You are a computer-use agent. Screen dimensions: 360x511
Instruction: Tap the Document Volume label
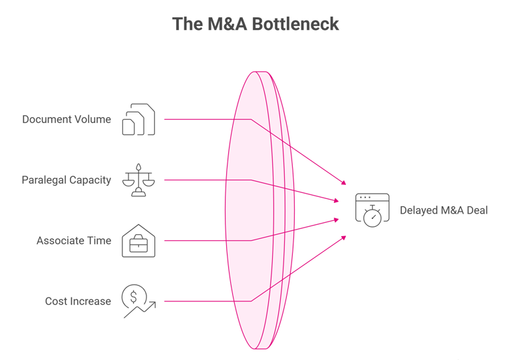pyautogui.click(x=67, y=120)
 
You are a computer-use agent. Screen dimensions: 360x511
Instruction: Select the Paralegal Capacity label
pyautogui.click(x=67, y=180)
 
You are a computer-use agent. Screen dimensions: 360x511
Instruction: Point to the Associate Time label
pyautogui.click(x=74, y=241)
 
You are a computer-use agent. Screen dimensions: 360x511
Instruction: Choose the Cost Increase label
pyautogui.click(x=78, y=301)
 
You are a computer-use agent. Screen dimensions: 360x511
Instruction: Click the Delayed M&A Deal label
pyautogui.click(x=444, y=210)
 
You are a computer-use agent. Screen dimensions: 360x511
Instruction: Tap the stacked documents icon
pyautogui.click(x=138, y=120)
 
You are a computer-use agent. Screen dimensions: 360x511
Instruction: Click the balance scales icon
pyautogui.click(x=138, y=180)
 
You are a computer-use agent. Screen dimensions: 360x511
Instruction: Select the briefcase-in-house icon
pyautogui.click(x=138, y=240)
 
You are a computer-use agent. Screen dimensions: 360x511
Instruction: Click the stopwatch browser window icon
pyautogui.click(x=372, y=210)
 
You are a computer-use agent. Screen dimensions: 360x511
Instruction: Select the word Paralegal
pyautogui.click(x=43, y=180)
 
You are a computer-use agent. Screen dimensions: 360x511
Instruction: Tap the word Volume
pyautogui.click(x=93, y=120)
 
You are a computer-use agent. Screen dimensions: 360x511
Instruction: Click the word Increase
pyautogui.click(x=92, y=301)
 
